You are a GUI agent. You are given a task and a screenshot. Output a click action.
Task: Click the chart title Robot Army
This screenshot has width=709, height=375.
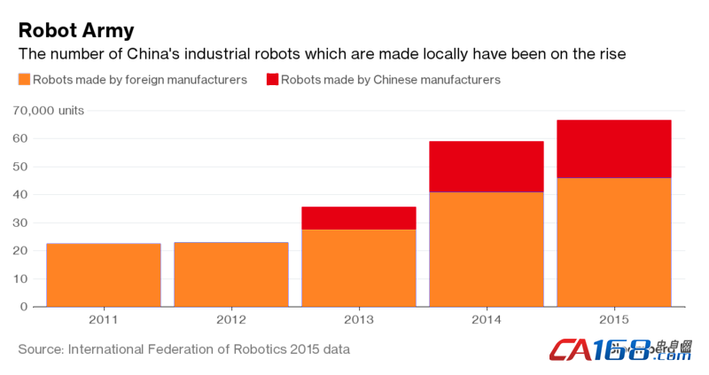pos(76,29)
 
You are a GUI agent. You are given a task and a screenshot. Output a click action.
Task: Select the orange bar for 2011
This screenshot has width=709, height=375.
pos(104,275)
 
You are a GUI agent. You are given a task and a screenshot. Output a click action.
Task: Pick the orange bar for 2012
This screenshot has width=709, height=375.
pos(231,274)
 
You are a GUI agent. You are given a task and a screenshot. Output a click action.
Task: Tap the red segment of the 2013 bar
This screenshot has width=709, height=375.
pos(359,218)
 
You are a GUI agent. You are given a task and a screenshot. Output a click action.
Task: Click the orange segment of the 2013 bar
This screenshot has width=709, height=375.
pos(359,268)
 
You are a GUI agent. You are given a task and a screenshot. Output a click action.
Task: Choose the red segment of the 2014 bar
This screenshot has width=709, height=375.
pos(487,167)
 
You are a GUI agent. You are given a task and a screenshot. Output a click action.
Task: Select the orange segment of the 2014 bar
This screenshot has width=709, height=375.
pos(487,249)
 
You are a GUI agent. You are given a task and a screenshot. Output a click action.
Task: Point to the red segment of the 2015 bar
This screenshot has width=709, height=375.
pos(614,149)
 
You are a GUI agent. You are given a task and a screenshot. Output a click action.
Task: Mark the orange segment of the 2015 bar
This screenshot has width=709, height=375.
pos(614,242)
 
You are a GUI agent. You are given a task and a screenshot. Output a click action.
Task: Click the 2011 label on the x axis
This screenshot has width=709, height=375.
pos(104,318)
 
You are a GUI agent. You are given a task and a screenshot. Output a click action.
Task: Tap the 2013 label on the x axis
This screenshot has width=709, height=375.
pos(359,318)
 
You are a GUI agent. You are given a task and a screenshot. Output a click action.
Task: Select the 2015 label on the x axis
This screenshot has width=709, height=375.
pos(614,318)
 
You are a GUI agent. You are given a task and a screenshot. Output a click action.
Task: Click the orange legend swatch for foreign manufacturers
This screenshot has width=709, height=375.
pos(24,80)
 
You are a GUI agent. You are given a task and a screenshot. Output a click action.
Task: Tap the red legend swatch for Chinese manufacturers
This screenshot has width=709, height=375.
pos(272,80)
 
